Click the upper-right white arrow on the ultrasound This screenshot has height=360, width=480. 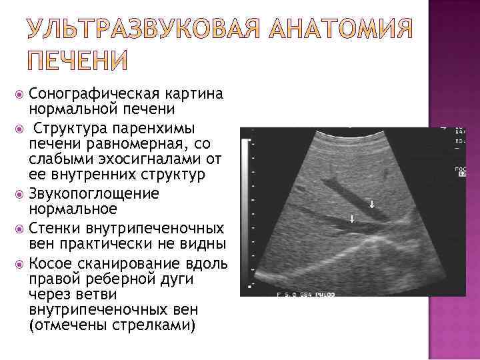[x=372, y=204]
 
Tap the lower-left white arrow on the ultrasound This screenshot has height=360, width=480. [x=351, y=218]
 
